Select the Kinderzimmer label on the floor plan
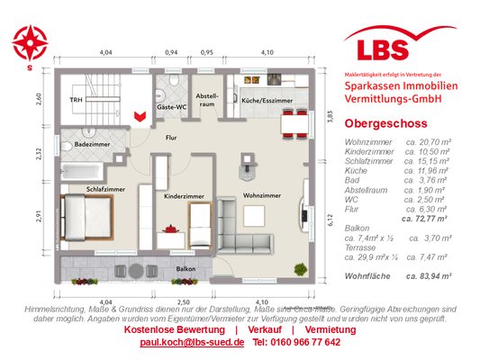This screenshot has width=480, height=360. [184, 194]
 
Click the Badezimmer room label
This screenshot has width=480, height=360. [94, 144]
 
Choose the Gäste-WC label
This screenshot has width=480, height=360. [171, 107]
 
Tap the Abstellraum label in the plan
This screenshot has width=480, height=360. [208, 99]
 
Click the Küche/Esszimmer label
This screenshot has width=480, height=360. [267, 102]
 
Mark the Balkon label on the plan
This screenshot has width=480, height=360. [186, 268]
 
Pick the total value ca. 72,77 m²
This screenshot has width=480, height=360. [430, 219]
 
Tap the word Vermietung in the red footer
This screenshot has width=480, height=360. [324, 329]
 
